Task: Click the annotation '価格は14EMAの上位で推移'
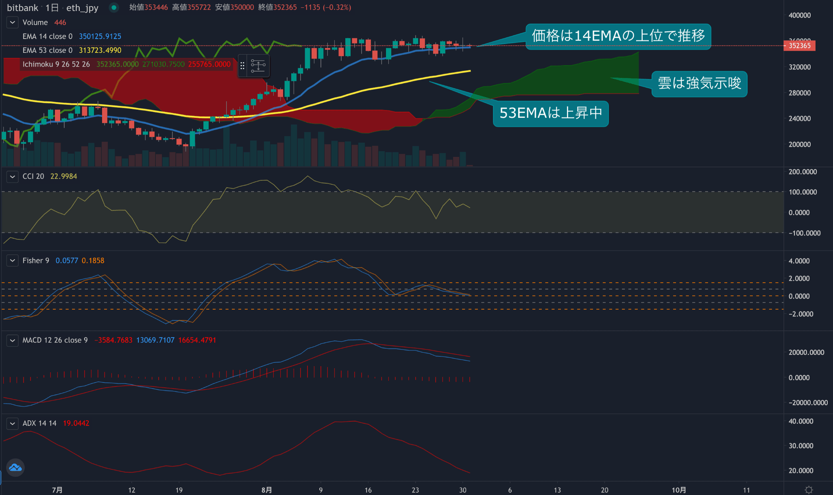[x=618, y=36]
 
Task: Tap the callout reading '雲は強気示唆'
[x=699, y=84]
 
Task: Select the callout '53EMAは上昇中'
[x=551, y=113]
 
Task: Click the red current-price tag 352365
[x=799, y=46]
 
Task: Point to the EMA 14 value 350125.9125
[x=100, y=37]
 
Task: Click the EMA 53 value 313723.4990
[x=100, y=50]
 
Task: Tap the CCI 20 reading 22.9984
[x=63, y=176]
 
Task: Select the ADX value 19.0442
[x=76, y=423]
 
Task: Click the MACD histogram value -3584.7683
[x=113, y=340]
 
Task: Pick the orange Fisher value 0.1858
[x=93, y=261]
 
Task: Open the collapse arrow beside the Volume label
[x=13, y=22]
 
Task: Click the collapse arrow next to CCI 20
[x=13, y=176]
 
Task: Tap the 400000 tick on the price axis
[x=799, y=15]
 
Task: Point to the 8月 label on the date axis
[x=266, y=490]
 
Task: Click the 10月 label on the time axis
[x=679, y=490]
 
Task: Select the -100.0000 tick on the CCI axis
[x=804, y=233]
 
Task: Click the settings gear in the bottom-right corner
[x=809, y=490]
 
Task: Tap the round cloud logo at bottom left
[x=15, y=468]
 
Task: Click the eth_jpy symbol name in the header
[x=82, y=8]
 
